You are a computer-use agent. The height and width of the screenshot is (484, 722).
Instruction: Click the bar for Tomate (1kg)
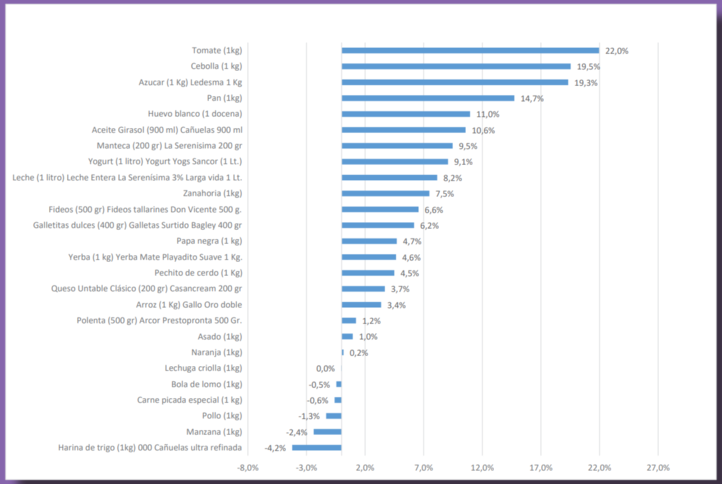(x=470, y=50)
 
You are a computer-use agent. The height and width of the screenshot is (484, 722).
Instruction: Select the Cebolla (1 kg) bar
(x=456, y=66)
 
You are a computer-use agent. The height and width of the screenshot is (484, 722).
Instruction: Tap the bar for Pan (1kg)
(x=427, y=98)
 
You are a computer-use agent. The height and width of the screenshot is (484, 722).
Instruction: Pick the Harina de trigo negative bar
(x=316, y=448)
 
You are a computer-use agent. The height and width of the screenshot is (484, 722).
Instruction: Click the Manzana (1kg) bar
(x=327, y=432)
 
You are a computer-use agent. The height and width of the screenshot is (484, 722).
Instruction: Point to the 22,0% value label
(x=617, y=51)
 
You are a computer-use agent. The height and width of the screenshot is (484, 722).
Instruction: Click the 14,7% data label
(x=532, y=99)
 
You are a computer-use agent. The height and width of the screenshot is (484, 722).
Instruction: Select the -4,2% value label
(x=275, y=448)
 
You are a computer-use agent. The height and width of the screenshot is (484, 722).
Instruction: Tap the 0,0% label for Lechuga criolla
(x=325, y=369)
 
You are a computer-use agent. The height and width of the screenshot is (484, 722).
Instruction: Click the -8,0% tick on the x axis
(x=247, y=468)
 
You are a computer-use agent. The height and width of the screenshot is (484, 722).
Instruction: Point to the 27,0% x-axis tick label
(x=658, y=468)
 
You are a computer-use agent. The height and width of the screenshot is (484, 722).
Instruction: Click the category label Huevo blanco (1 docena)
(x=195, y=114)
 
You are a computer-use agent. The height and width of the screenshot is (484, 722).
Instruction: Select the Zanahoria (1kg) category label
(x=212, y=194)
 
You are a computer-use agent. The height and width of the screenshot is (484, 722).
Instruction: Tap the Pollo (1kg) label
(x=222, y=416)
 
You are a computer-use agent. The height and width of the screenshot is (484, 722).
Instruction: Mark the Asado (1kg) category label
(x=219, y=337)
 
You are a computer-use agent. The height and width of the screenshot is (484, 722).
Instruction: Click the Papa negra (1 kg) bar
(x=369, y=241)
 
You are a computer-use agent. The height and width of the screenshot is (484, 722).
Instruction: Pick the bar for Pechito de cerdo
(x=367, y=273)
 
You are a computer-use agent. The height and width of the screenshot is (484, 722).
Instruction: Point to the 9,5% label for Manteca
(x=467, y=146)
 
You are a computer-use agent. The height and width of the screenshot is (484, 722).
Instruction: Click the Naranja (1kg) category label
(x=217, y=352)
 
